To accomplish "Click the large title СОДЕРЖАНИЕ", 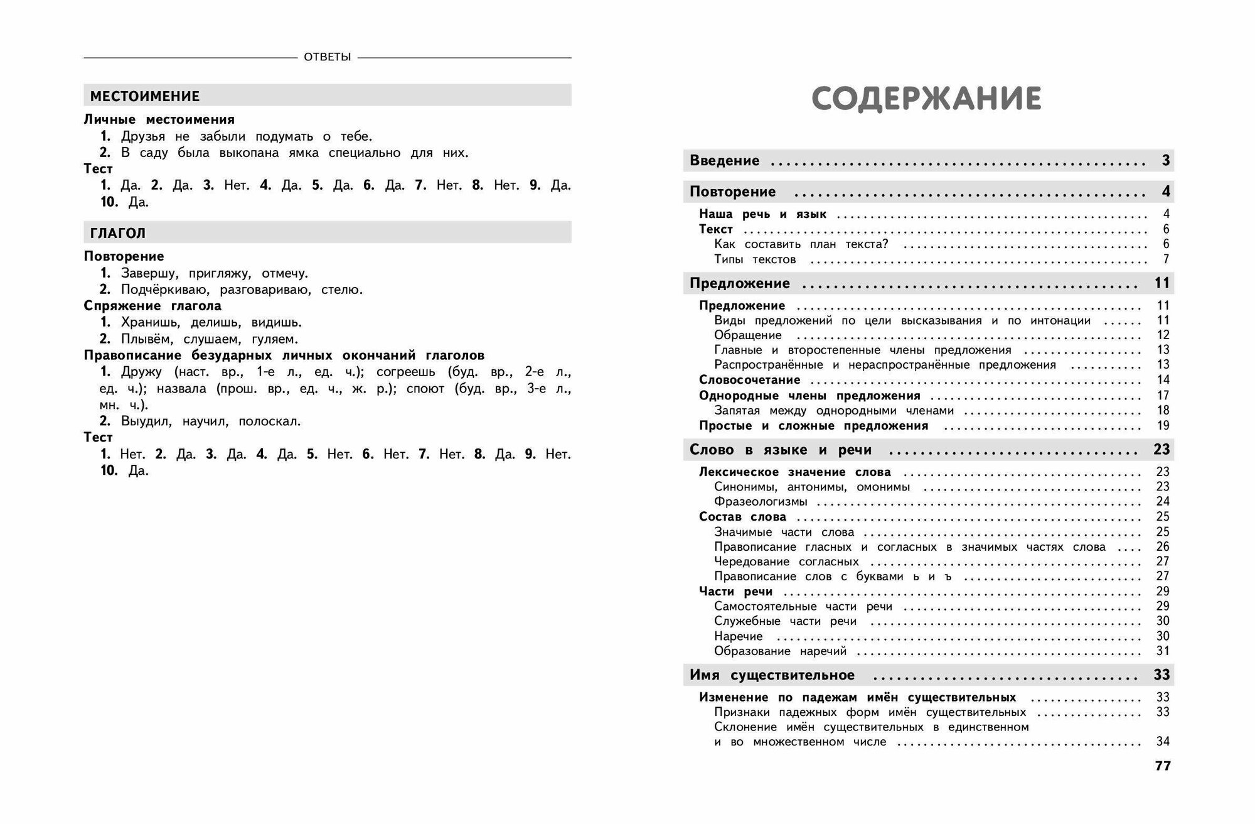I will coord(926,99).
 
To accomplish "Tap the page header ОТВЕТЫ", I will coord(327,57).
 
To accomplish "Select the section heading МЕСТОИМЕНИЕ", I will coord(145,96).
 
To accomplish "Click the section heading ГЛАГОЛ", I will coord(118,233).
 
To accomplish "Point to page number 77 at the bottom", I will coord(1162,766).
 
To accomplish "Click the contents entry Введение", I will coord(724,161).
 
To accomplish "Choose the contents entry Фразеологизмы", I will coord(761,502).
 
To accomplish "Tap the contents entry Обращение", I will coord(748,335).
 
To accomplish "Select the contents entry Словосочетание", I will coord(749,380).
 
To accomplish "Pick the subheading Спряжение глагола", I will coord(152,306).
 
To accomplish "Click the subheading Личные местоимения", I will coord(159,119).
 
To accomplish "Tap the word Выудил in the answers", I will coord(146,421).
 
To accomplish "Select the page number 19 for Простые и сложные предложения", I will coord(1163,426).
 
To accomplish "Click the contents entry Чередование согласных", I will coord(786,561).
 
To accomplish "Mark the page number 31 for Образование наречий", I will coord(1163,651).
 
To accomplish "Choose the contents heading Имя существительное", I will coord(772,675).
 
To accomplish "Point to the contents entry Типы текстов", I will coord(755,259).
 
